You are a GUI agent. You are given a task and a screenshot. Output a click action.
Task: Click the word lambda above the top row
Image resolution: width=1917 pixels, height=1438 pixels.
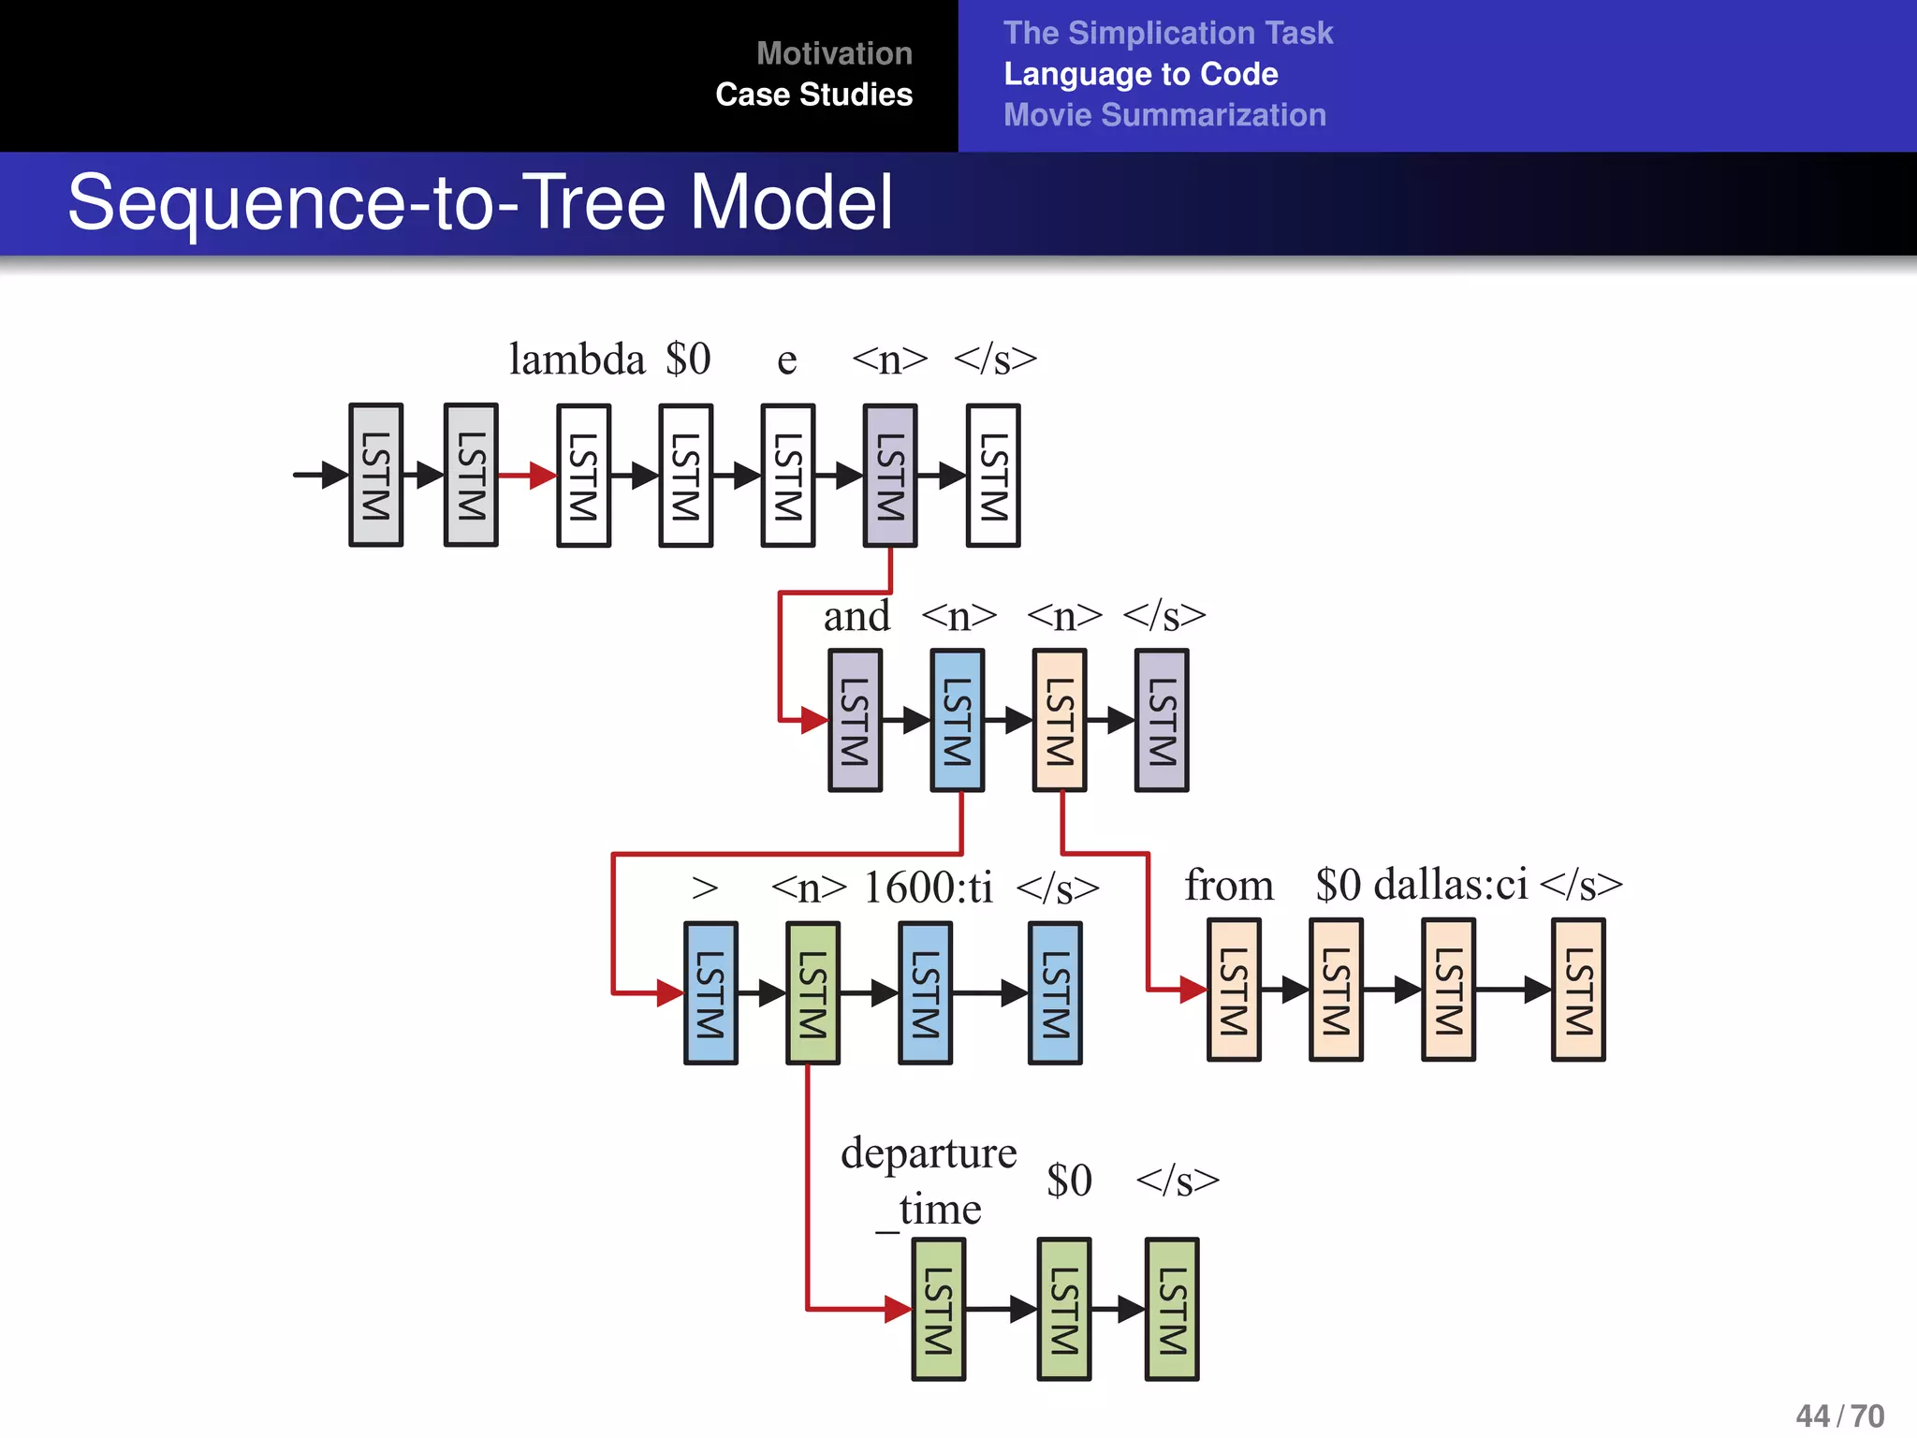[x=577, y=359]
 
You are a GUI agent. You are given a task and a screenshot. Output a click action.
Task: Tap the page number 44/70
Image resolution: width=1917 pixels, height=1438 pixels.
[x=1839, y=1415]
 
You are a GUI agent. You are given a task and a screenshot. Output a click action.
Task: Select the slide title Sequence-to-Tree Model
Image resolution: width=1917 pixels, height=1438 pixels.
[x=480, y=202]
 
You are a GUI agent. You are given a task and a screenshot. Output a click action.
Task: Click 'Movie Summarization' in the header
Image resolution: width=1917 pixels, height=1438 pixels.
[x=1164, y=115]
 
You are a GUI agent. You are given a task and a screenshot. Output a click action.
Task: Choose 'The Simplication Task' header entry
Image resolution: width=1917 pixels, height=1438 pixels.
[x=1167, y=33]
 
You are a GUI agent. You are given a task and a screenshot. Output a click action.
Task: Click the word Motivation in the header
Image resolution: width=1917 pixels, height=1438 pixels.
[x=833, y=53]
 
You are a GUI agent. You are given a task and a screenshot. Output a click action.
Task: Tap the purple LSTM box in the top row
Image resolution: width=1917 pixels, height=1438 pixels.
[x=889, y=476]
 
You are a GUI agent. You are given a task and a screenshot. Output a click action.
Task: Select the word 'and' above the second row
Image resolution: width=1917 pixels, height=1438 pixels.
[x=856, y=616]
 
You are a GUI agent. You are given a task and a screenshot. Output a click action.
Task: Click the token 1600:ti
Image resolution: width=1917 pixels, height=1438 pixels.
[x=927, y=887]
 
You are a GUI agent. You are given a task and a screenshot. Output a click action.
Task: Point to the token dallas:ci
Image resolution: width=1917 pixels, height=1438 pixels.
[x=1450, y=884]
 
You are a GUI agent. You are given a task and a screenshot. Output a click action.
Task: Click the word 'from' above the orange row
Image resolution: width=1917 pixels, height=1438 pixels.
[x=1228, y=885]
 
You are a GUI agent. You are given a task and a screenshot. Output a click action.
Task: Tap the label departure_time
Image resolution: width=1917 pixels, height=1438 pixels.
[x=928, y=1180]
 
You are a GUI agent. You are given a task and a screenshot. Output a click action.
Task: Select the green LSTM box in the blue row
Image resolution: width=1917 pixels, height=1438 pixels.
[x=812, y=992]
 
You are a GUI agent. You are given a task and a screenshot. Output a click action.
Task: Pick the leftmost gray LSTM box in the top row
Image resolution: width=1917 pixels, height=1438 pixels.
[x=375, y=476]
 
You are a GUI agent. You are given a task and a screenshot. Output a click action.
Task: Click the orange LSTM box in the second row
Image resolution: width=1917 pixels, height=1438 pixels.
[x=1059, y=720]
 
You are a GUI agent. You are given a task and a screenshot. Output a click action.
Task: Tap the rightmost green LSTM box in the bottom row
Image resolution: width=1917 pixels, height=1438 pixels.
[x=1172, y=1309]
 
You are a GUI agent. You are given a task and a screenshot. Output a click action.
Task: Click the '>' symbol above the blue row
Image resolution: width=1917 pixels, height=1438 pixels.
[x=705, y=887]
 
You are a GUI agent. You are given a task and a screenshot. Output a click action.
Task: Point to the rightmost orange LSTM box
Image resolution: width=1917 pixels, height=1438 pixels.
[x=1578, y=990]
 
